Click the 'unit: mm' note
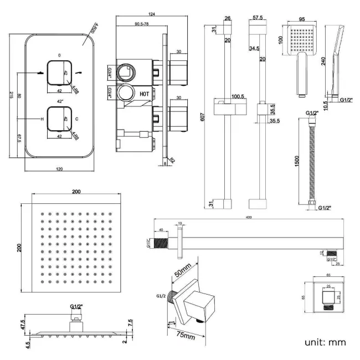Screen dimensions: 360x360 [325, 342]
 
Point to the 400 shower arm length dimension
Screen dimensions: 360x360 [248, 217]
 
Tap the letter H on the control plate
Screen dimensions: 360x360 [42, 119]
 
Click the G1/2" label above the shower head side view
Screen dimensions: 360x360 [76, 306]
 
